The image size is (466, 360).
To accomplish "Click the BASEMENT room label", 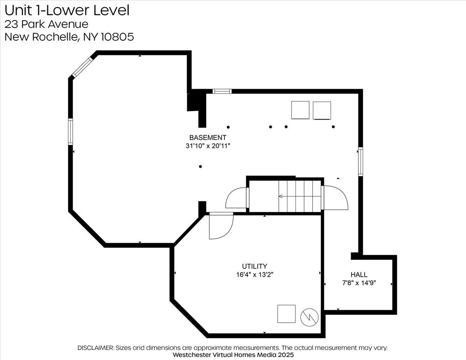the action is point(208,137).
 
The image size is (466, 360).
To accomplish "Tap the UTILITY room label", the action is point(254,266).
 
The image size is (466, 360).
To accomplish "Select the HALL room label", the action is point(359,275).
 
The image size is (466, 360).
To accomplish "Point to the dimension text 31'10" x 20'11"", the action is point(208,146).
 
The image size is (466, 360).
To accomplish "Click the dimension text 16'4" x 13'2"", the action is point(255,275).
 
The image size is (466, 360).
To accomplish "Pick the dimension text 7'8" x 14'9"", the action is point(359,283).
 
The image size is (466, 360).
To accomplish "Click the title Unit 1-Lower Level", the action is point(67,10).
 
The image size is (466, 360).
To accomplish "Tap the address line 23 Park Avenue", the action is point(46,24).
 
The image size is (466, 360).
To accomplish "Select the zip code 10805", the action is point(117,37).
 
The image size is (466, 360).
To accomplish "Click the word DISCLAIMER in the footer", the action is point(96,348).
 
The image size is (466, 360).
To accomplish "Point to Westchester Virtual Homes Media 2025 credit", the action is point(233,355).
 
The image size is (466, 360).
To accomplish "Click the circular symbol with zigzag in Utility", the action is point(310,317).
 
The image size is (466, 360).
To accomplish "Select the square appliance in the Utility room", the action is point(286,314).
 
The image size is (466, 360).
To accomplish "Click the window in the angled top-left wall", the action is point(82,67).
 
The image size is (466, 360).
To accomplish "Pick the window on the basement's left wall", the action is point(70,132).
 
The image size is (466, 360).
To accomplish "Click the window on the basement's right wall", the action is point(361,162).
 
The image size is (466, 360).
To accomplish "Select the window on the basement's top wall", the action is point(222,91).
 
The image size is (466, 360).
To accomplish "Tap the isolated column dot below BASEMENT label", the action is point(200,167).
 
